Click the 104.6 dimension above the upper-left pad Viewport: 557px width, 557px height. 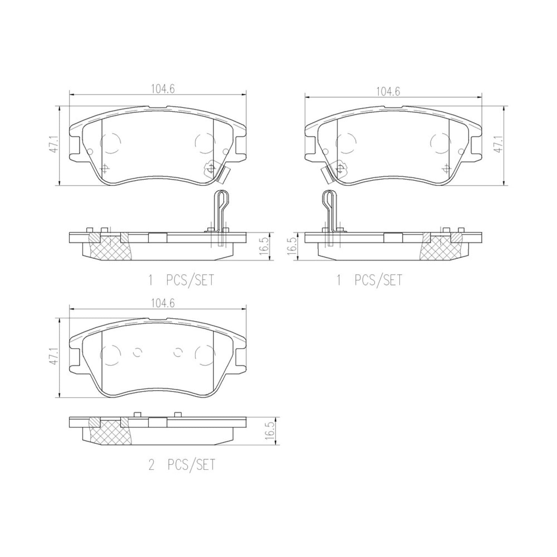[163, 89]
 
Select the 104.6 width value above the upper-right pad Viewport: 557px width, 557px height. [388, 92]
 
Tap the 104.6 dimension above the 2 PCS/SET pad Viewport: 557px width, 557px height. [163, 303]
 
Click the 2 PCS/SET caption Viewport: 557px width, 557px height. [182, 465]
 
